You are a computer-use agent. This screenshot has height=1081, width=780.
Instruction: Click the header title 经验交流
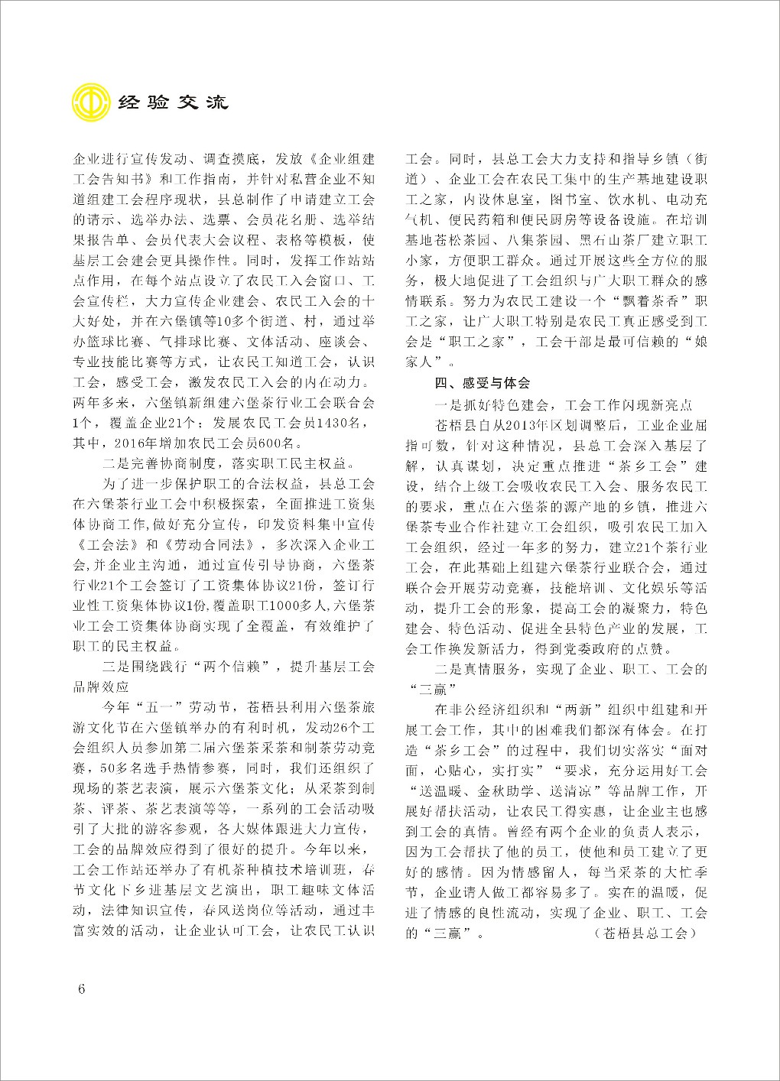[x=174, y=102]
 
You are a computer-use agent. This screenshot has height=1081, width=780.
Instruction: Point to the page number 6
[x=82, y=987]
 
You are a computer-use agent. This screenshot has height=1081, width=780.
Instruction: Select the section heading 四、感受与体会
[x=482, y=382]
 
